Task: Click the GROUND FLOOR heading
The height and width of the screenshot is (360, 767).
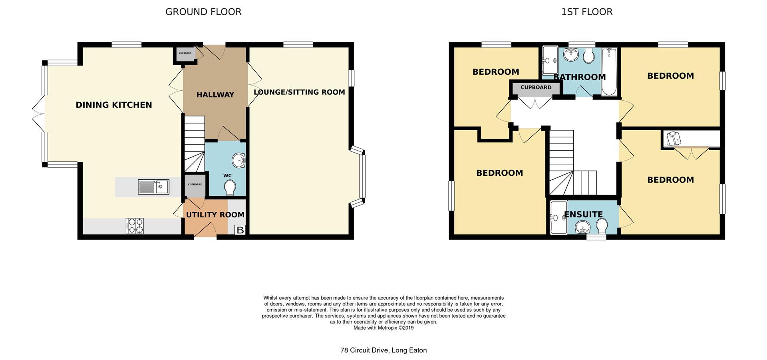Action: coord(203,12)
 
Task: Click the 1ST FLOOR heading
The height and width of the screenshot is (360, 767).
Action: coord(587,12)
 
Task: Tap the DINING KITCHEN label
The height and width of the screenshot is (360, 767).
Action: coord(114,105)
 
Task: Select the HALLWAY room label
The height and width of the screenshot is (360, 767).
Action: coord(215,95)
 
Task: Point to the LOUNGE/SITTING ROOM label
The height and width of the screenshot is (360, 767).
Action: coord(299,92)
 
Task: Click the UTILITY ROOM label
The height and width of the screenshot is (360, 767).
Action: coord(215,215)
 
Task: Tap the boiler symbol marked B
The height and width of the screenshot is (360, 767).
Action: coord(240,230)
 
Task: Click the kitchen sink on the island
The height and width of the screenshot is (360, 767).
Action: coord(153,187)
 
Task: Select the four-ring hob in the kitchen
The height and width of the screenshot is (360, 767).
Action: coord(135,226)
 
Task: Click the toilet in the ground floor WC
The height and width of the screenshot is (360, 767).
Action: coord(230,187)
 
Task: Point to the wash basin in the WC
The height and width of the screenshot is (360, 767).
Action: coord(239,161)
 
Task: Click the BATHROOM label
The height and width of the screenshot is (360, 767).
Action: coord(580,77)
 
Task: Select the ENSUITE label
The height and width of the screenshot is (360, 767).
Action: coord(583,215)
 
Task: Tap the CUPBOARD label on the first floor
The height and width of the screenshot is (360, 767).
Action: coord(536,88)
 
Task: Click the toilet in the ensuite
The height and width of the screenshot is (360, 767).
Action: coord(601,226)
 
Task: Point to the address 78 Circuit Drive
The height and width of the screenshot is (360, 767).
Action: coord(383,350)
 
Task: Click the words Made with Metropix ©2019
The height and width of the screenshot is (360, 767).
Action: coord(383,328)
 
